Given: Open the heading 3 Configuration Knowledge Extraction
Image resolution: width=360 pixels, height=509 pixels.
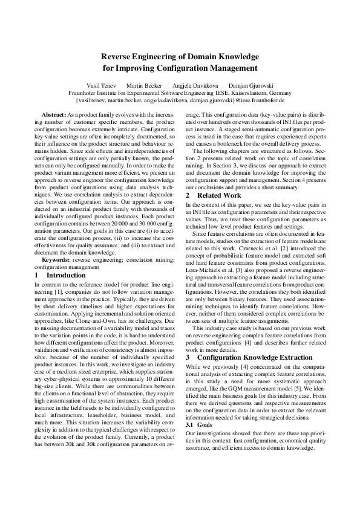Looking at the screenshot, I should point(242,357).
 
